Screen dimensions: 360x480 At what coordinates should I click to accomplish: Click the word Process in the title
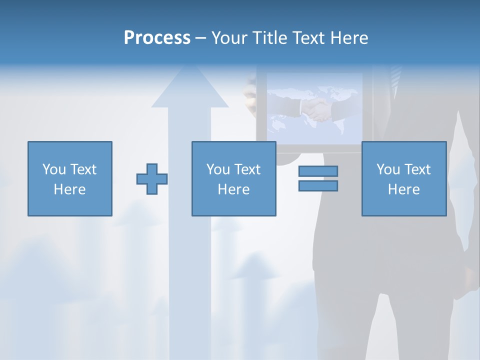tap(157, 38)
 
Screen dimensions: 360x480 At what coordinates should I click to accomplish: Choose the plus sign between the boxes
tap(152, 179)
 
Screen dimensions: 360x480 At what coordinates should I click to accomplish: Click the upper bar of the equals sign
tap(318, 171)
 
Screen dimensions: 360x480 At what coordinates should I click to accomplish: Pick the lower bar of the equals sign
tap(318, 185)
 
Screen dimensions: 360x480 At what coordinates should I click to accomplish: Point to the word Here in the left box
tap(69, 189)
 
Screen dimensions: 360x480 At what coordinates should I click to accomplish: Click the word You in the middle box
tap(218, 169)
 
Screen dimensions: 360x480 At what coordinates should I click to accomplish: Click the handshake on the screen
tap(317, 110)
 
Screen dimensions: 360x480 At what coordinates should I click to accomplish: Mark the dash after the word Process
tap(201, 38)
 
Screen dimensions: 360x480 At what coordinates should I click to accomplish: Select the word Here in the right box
tap(403, 189)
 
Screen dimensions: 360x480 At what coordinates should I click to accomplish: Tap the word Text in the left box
tap(83, 169)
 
